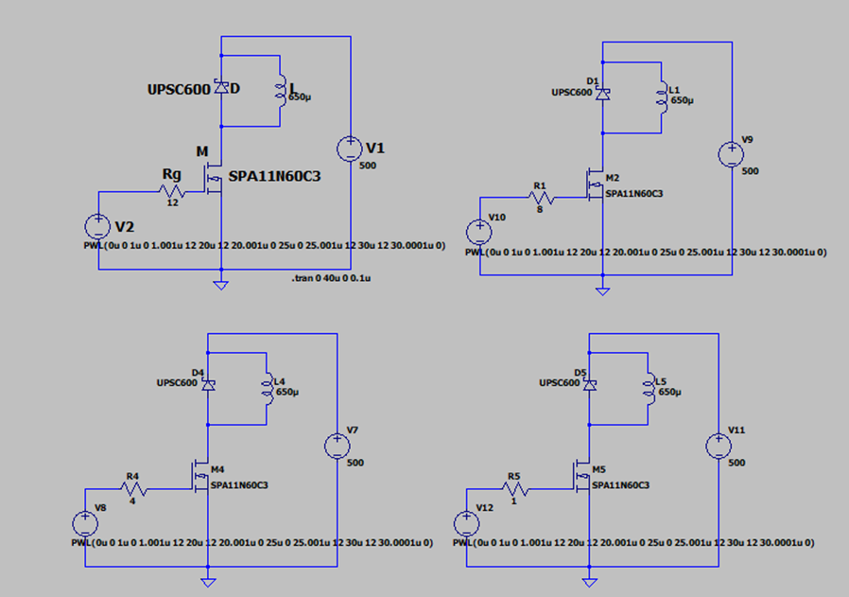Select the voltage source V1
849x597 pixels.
(350, 149)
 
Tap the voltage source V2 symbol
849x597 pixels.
(98, 226)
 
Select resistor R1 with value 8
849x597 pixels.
(542, 199)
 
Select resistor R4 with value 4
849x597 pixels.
(133, 489)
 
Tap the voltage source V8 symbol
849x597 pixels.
(85, 523)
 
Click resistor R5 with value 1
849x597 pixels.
(515, 489)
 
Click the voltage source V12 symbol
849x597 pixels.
(467, 523)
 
